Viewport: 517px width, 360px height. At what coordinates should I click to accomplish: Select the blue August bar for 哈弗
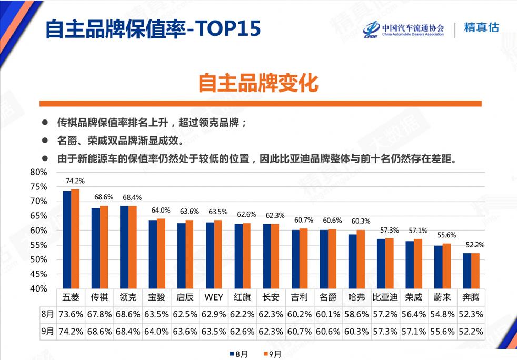coord(353,261)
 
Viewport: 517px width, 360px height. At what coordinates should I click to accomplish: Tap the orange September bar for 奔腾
coord(475,271)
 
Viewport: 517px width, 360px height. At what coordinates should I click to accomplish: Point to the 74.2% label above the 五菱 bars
coord(75,181)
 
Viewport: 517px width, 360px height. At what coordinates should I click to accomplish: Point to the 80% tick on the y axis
coord(39,172)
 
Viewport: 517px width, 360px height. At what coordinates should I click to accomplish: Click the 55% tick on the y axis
coord(39,245)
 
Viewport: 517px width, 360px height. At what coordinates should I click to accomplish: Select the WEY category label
coord(214,297)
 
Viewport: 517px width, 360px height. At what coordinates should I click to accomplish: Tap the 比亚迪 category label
coord(385,297)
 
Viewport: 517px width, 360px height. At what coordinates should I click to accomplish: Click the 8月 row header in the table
coord(47,314)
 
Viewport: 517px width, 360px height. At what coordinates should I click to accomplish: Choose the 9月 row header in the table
coord(47,332)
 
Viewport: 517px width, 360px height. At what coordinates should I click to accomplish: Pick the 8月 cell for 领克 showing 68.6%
coord(128,314)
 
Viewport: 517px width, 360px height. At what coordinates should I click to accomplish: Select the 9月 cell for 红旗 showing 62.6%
coord(242,332)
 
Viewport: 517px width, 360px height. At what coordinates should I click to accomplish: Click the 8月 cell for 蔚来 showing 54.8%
coord(442,314)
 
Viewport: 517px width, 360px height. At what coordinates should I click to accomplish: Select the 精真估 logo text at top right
coord(481,28)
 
